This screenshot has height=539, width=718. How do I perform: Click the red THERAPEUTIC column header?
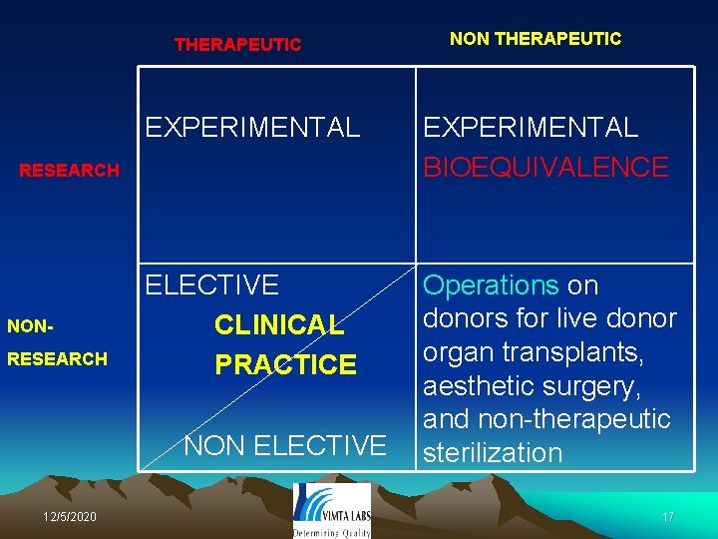click(237, 45)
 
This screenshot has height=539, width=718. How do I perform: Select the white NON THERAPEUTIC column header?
click(535, 39)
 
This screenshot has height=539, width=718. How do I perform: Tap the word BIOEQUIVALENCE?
click(545, 167)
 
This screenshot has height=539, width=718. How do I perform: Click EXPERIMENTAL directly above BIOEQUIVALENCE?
click(531, 128)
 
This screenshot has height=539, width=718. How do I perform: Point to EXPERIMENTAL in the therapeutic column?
click(252, 128)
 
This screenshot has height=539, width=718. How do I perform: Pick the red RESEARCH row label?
click(70, 171)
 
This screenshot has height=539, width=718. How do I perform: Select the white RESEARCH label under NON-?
click(57, 359)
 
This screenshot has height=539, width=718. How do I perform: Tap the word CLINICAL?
click(279, 325)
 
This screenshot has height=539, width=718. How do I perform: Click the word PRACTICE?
click(285, 364)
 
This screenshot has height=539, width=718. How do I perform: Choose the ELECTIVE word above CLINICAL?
click(212, 285)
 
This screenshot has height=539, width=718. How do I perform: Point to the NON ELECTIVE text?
click(285, 444)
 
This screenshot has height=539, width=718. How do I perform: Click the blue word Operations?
click(491, 285)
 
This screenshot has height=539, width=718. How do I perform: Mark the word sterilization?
click(493, 453)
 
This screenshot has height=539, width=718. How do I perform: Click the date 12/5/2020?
click(70, 516)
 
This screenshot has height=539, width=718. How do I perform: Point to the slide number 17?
click(668, 517)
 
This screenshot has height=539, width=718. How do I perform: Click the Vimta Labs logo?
click(332, 505)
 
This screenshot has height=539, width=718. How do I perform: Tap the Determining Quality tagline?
click(332, 533)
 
